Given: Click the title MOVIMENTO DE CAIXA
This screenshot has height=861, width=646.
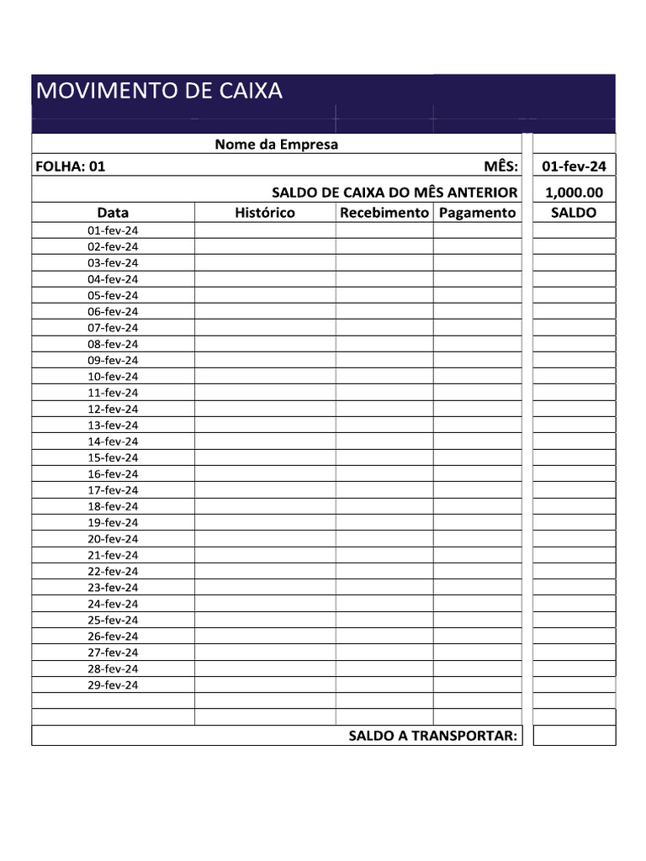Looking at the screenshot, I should coord(159,91).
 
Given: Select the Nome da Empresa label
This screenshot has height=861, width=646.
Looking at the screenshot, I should coord(276,145).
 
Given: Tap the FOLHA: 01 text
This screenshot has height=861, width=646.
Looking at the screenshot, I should coord(71,166).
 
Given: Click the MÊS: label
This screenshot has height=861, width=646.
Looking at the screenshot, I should coord(501,166).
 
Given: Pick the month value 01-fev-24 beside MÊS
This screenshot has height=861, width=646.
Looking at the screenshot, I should coord(574,166).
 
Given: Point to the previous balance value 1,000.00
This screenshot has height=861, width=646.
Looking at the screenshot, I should coord(574,192).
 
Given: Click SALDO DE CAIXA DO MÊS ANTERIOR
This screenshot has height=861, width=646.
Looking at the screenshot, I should coord(394,193).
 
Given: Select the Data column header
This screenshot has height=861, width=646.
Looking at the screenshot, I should coord(113,213).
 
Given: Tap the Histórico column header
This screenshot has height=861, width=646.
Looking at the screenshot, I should coord(265,213).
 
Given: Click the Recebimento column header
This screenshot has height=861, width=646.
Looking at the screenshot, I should coord(384,213).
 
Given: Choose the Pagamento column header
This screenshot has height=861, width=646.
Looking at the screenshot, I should coord(477,213).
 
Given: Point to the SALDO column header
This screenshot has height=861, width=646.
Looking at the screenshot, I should coord(574,213).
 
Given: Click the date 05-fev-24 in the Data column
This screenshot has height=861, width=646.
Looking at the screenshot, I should coord(113,295).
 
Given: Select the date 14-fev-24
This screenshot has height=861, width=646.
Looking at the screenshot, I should coord(113,441).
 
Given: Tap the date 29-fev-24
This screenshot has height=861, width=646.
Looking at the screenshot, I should coord(113,685).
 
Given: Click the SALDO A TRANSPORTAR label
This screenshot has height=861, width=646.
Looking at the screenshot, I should coord(433,737).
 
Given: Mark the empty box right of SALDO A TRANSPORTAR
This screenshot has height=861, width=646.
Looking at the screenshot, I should coord(574,736).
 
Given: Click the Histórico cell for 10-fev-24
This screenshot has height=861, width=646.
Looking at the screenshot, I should coord(265,377).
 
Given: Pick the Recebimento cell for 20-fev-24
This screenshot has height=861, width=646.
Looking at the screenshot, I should coord(384,539).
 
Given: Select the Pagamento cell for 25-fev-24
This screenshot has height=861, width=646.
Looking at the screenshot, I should coord(477,621).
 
